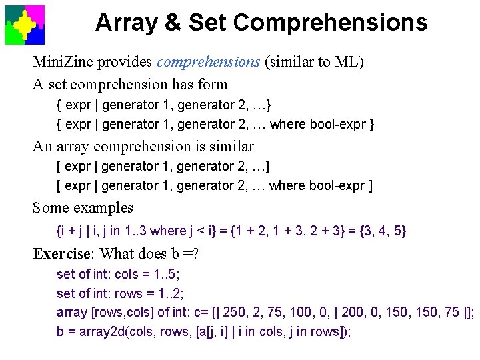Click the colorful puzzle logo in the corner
coord(25,25)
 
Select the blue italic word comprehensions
coord(208,62)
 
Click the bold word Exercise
coord(61,254)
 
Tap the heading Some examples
coord(83,208)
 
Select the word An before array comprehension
coord(42,146)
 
